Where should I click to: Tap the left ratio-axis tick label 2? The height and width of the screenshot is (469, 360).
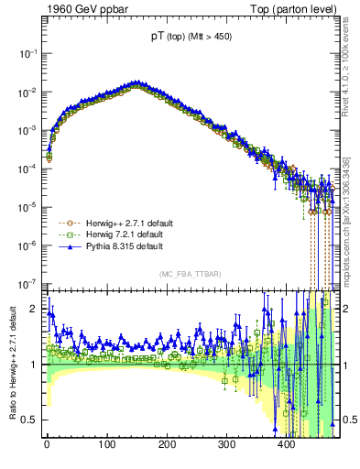(x=33, y=309)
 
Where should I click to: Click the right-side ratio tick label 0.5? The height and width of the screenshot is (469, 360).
(x=350, y=420)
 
